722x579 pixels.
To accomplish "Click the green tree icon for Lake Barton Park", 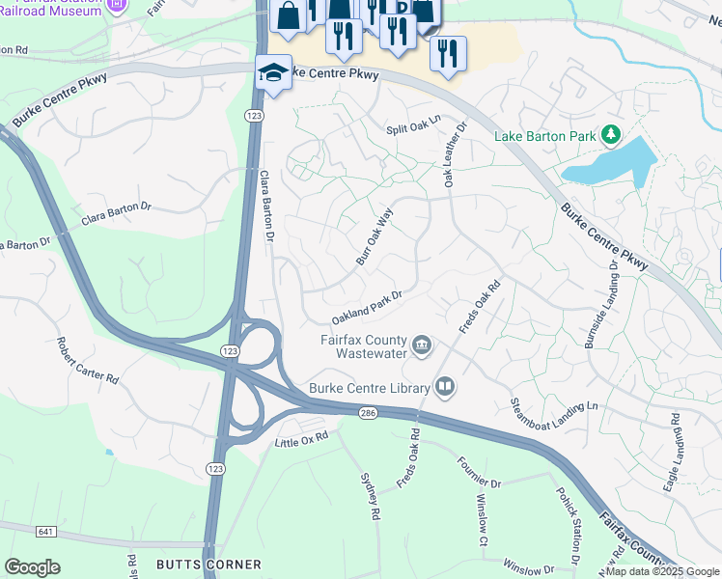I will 610,135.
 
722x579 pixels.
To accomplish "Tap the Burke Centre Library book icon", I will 444,388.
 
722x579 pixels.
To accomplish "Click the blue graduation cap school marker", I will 273,73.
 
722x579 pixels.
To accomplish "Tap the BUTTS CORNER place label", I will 208,564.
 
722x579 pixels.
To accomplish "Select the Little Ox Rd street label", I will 301,439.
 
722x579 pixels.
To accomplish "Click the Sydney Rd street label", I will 367,496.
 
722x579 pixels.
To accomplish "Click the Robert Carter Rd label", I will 87,360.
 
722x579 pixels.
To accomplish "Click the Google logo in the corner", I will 33,567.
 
